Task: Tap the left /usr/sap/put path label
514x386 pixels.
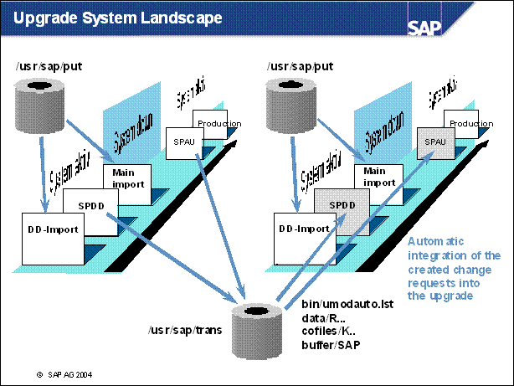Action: click(x=49, y=64)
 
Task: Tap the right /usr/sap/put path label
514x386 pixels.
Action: click(x=300, y=64)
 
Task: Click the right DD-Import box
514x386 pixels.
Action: click(x=304, y=229)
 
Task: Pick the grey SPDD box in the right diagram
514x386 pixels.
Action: click(x=338, y=206)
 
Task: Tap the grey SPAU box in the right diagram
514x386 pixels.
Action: click(x=435, y=142)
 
